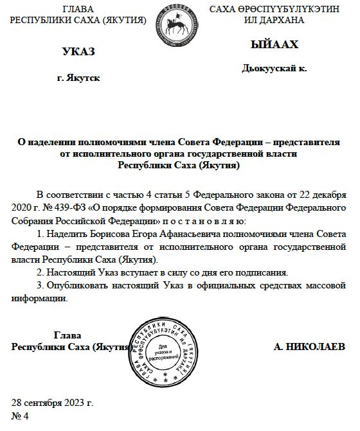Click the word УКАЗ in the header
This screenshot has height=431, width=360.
click(x=78, y=51)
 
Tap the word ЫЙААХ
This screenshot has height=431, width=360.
click(x=274, y=46)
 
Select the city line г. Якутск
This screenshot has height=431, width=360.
click(x=78, y=78)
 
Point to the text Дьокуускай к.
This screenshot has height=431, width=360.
click(x=274, y=67)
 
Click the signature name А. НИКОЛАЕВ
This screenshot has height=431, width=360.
click(x=309, y=347)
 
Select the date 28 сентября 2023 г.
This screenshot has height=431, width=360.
click(x=53, y=403)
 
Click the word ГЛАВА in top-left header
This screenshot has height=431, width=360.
click(x=78, y=9)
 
